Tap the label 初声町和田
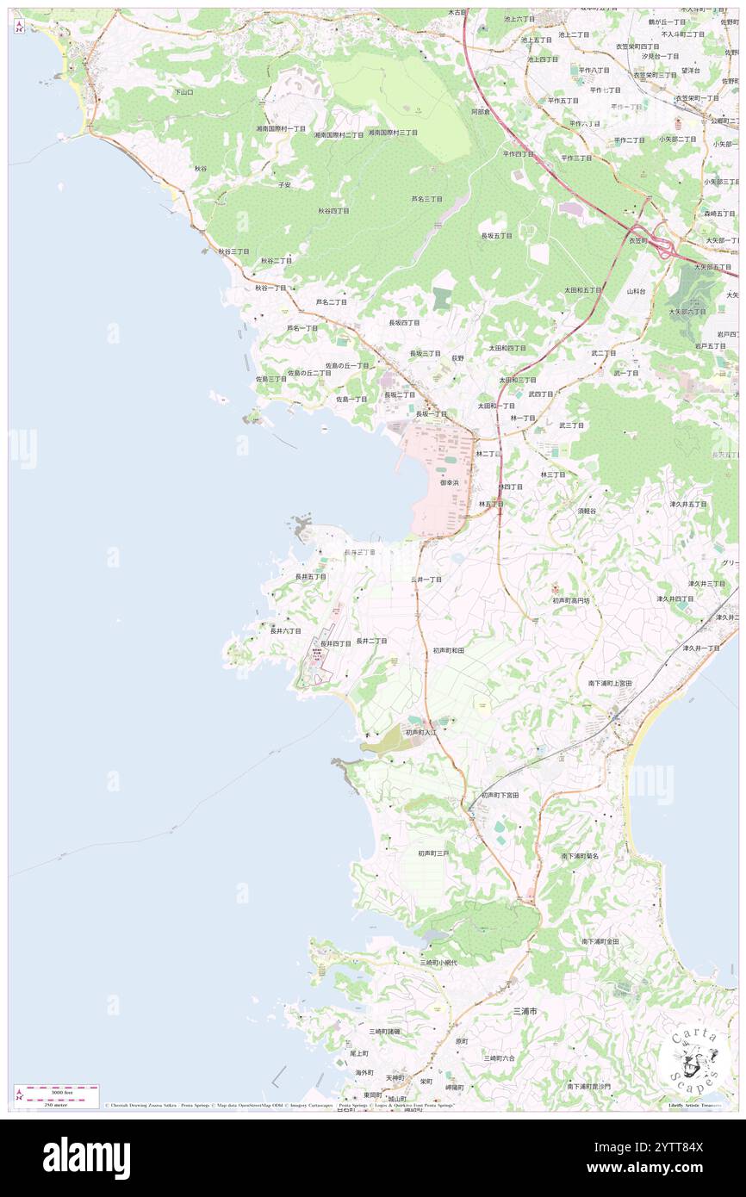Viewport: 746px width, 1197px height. click(449, 650)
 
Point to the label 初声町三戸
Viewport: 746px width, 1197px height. click(433, 853)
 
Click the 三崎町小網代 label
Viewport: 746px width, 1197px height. click(438, 962)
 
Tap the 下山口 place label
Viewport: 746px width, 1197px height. click(183, 91)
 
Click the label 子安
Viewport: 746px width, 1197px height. click(284, 184)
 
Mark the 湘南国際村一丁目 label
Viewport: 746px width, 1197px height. click(280, 128)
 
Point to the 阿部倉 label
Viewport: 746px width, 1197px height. click(481, 112)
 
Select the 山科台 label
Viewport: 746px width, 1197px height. click(636, 291)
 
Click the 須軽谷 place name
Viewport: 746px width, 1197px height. click(587, 511)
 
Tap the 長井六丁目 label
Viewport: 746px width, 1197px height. click(285, 630)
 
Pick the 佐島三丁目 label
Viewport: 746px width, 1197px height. click(270, 379)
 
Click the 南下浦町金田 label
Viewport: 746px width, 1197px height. click(600, 941)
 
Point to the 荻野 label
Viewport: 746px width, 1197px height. click(457, 357)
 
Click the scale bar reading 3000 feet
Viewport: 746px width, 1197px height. click(59, 1091)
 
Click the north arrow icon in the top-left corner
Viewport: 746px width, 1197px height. click(20, 27)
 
